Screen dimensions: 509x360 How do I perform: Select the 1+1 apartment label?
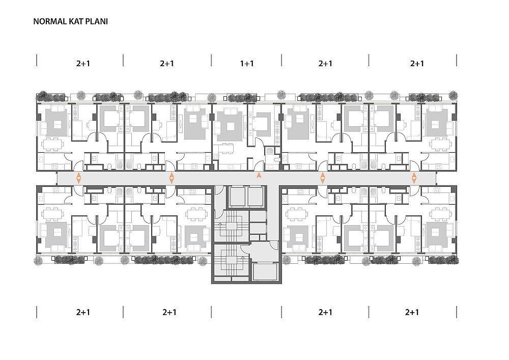coord(247,63)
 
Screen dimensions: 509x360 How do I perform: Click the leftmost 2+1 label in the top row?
coord(83,63)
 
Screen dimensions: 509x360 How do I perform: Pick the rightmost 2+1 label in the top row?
coord(417,63)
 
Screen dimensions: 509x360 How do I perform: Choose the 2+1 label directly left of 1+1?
coord(167,63)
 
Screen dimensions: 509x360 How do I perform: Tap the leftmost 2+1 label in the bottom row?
coord(83,312)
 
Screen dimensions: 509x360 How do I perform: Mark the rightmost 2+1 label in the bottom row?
coord(412,312)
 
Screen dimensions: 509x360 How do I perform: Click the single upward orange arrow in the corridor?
coord(259,176)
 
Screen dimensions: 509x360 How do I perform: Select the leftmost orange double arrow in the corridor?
coord(78,178)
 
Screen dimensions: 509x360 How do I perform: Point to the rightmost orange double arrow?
coord(414,178)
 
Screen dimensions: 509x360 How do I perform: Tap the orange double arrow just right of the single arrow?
coord(322,178)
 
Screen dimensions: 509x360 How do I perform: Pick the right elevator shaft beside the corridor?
coord(256,197)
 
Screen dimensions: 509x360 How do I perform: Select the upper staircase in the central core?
coord(231,226)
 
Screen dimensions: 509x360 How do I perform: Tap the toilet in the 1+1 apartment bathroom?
coord(276,160)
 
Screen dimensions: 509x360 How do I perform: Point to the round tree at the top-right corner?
coord(453,95)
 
